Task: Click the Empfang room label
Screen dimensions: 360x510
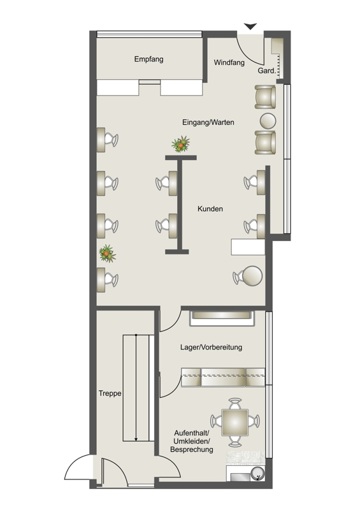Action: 148,59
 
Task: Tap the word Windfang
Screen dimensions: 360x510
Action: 229,62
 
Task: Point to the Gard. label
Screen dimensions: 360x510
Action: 267,70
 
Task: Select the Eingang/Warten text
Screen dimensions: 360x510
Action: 208,122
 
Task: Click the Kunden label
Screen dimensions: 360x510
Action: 210,209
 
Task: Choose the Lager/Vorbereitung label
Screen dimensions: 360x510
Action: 211,347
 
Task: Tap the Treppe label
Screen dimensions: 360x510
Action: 110,393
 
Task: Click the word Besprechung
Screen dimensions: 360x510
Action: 192,449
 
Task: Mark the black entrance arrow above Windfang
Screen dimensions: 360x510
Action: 250,26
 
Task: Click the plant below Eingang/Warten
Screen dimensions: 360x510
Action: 181,144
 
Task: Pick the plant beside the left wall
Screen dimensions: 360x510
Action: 107,254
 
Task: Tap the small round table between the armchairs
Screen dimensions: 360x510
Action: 268,120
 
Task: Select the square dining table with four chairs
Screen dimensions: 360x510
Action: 235,422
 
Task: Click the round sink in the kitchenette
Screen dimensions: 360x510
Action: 258,474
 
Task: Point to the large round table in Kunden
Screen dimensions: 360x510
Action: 252,276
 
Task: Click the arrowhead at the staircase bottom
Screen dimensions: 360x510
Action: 136,439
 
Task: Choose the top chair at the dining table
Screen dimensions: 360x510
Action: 235,404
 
